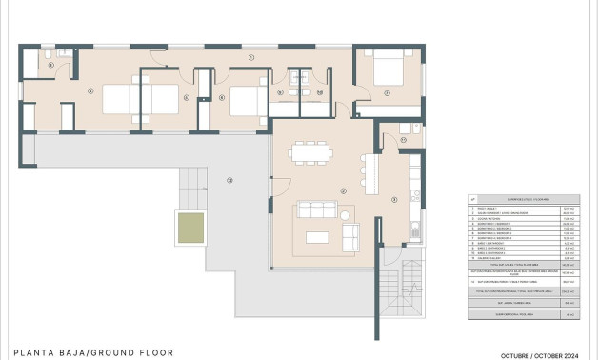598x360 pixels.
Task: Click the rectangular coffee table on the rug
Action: tap(317, 236)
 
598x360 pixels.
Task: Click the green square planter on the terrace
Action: tap(189, 227)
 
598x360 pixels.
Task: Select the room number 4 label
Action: tap(90, 91)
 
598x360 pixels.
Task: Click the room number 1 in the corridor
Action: tap(251, 58)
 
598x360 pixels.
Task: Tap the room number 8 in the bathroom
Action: tap(50, 65)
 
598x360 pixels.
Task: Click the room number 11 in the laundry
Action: tap(403, 140)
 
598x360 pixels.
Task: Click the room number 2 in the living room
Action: tap(342, 191)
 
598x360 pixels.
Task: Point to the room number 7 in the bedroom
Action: tap(388, 92)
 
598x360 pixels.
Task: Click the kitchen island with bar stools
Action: tap(371, 175)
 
